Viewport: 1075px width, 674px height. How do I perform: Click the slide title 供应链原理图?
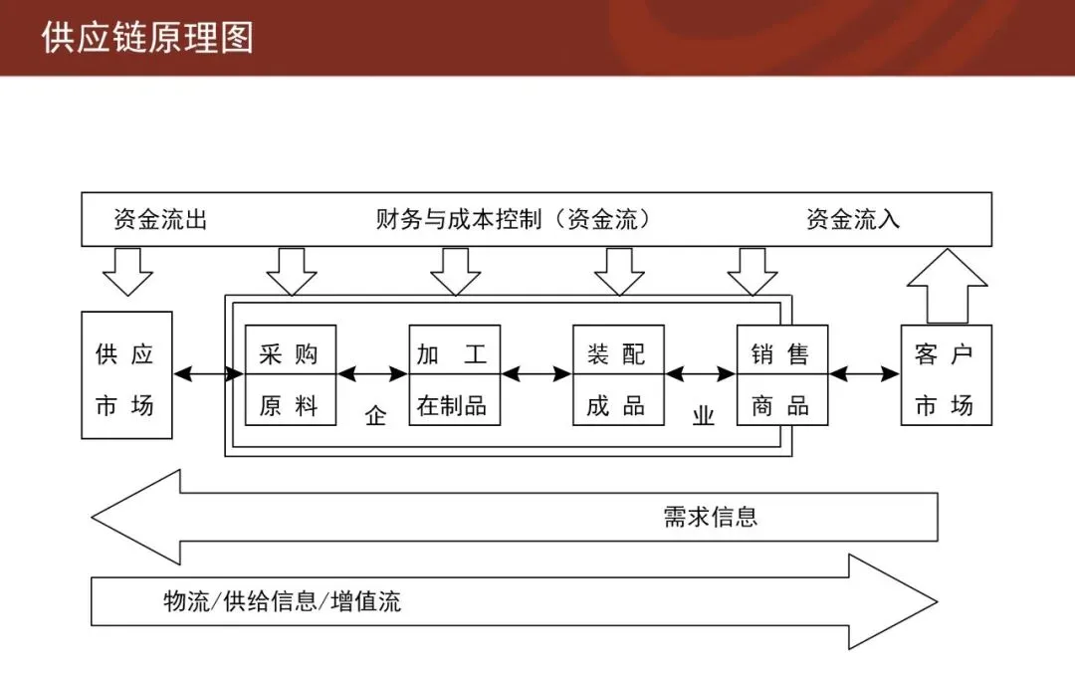coord(147,37)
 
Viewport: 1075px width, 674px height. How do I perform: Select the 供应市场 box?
coord(126,375)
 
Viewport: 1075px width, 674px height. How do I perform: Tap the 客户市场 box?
coord(946,375)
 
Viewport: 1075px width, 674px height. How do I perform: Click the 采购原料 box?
coord(291,375)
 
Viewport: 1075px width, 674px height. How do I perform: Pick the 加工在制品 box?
coord(454,375)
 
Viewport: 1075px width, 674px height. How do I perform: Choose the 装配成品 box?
coord(618,375)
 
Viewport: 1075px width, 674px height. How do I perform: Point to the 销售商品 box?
coord(781,375)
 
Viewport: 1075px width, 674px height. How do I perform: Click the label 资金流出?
coord(160,220)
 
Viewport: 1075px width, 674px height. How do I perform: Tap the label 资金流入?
coord(853,220)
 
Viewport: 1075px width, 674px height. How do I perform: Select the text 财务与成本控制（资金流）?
coord(514,220)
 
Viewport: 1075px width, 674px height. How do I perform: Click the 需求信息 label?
coord(711,516)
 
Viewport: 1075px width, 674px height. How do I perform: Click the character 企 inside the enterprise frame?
coord(375,416)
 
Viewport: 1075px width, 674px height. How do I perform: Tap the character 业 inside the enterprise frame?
coord(704,416)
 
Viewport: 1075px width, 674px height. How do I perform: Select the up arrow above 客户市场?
coord(947,287)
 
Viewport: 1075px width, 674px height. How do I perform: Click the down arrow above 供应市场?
coord(128,271)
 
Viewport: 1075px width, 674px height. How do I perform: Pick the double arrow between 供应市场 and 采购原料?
coord(209,374)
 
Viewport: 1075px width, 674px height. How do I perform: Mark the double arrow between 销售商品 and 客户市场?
coord(864,374)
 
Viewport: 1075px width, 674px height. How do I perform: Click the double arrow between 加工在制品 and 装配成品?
coord(537,374)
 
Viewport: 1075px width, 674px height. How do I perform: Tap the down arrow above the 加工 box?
coord(455,271)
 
